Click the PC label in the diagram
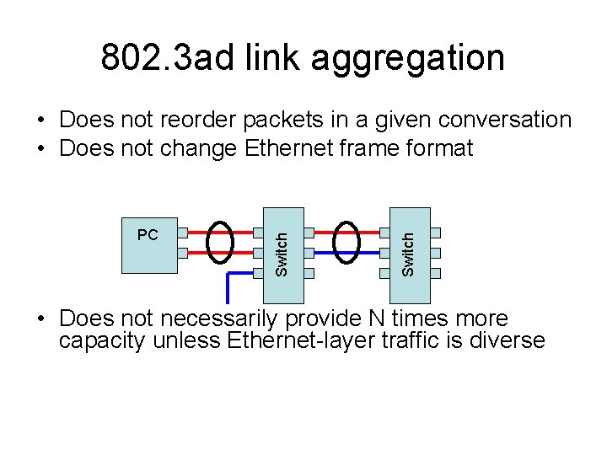pyautogui.click(x=148, y=235)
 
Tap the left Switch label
pyautogui.click(x=283, y=253)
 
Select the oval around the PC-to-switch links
pyautogui.click(x=221, y=241)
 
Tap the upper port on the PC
pyautogui.click(x=182, y=232)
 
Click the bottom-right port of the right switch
pyautogui.click(x=436, y=272)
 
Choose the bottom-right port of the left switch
pyautogui.click(x=309, y=272)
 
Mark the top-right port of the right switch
pyautogui.click(x=436, y=232)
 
